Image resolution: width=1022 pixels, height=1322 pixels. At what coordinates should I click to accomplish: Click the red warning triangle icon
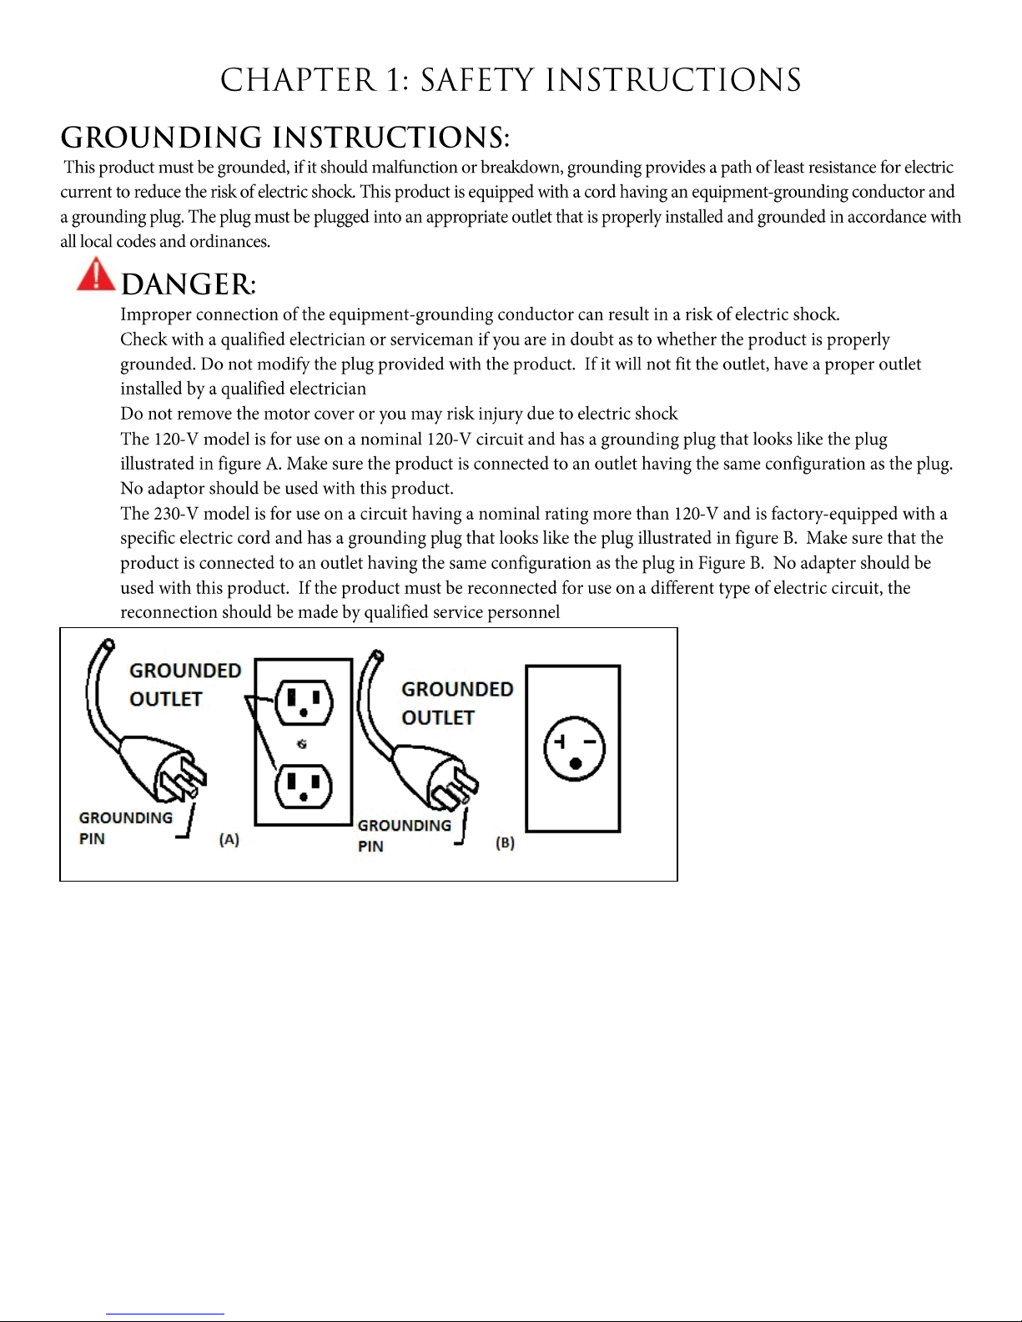pyautogui.click(x=96, y=274)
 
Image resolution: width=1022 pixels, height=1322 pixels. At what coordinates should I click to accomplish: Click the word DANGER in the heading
pyautogui.click(x=186, y=285)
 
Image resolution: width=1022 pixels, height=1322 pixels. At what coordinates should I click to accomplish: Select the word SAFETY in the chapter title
pyautogui.click(x=476, y=81)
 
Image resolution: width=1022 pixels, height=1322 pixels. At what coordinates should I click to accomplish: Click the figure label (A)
pyautogui.click(x=229, y=840)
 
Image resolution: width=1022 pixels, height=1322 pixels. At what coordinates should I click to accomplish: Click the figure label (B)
pyautogui.click(x=505, y=842)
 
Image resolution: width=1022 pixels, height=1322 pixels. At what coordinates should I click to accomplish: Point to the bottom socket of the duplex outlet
pyautogui.click(x=304, y=786)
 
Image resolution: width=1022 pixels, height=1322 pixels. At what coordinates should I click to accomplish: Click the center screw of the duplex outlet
pyautogui.click(x=302, y=744)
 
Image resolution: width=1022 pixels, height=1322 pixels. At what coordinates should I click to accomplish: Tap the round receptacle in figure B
pyautogui.click(x=574, y=748)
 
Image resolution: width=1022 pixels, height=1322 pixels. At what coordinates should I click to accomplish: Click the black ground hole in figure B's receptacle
pyautogui.click(x=576, y=763)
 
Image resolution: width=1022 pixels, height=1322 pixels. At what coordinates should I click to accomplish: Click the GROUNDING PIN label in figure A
pyautogui.click(x=125, y=828)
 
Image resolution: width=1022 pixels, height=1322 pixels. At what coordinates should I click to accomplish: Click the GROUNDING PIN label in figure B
pyautogui.click(x=404, y=836)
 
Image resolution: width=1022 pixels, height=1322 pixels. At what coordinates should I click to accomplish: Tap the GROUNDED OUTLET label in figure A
pyautogui.click(x=184, y=685)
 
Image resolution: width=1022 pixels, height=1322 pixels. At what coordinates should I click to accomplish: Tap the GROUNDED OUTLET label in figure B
pyautogui.click(x=456, y=703)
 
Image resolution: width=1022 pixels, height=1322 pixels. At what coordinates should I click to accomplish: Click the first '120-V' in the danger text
pyautogui.click(x=176, y=440)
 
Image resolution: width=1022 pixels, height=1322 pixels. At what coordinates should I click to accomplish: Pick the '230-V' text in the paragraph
pyautogui.click(x=176, y=514)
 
